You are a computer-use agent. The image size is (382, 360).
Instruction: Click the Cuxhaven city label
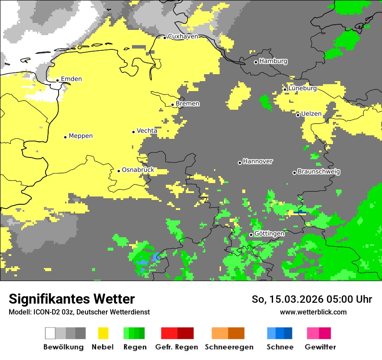pyautogui.click(x=183, y=36)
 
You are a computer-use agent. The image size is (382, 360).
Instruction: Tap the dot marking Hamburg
pyautogui.click(x=256, y=62)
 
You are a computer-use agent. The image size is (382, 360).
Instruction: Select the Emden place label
pyautogui.click(x=71, y=79)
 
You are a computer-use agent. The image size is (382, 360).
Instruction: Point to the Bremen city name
pyautogui.click(x=188, y=104)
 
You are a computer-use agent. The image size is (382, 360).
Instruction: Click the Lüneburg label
pyautogui.click(x=303, y=88)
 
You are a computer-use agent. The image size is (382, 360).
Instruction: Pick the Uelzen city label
pyautogui.click(x=311, y=114)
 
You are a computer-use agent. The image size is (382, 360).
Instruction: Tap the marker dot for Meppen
pyautogui.click(x=65, y=137)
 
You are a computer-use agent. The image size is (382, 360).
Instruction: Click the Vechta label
pyautogui.click(x=147, y=131)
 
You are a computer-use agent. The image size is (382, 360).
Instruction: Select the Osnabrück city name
pyautogui.click(x=138, y=170)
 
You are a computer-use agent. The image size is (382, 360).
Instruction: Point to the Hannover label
pyautogui.click(x=258, y=161)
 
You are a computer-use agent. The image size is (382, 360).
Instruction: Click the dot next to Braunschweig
pyautogui.click(x=294, y=173)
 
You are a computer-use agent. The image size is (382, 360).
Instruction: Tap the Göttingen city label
pyautogui.click(x=269, y=234)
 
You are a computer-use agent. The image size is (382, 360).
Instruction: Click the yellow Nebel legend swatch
pyautogui.click(x=103, y=333)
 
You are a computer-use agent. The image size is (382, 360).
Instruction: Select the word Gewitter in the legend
pyautogui.click(x=320, y=347)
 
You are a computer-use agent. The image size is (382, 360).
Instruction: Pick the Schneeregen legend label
pyautogui.click(x=229, y=347)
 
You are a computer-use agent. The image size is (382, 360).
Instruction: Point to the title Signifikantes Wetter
pyautogui.click(x=72, y=299)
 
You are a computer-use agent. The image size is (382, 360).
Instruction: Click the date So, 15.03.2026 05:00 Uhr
pyautogui.click(x=312, y=299)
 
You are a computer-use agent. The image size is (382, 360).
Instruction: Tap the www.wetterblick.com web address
pyautogui.click(x=313, y=312)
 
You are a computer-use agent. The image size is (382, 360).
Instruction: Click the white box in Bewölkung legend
pyautogui.click(x=50, y=333)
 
